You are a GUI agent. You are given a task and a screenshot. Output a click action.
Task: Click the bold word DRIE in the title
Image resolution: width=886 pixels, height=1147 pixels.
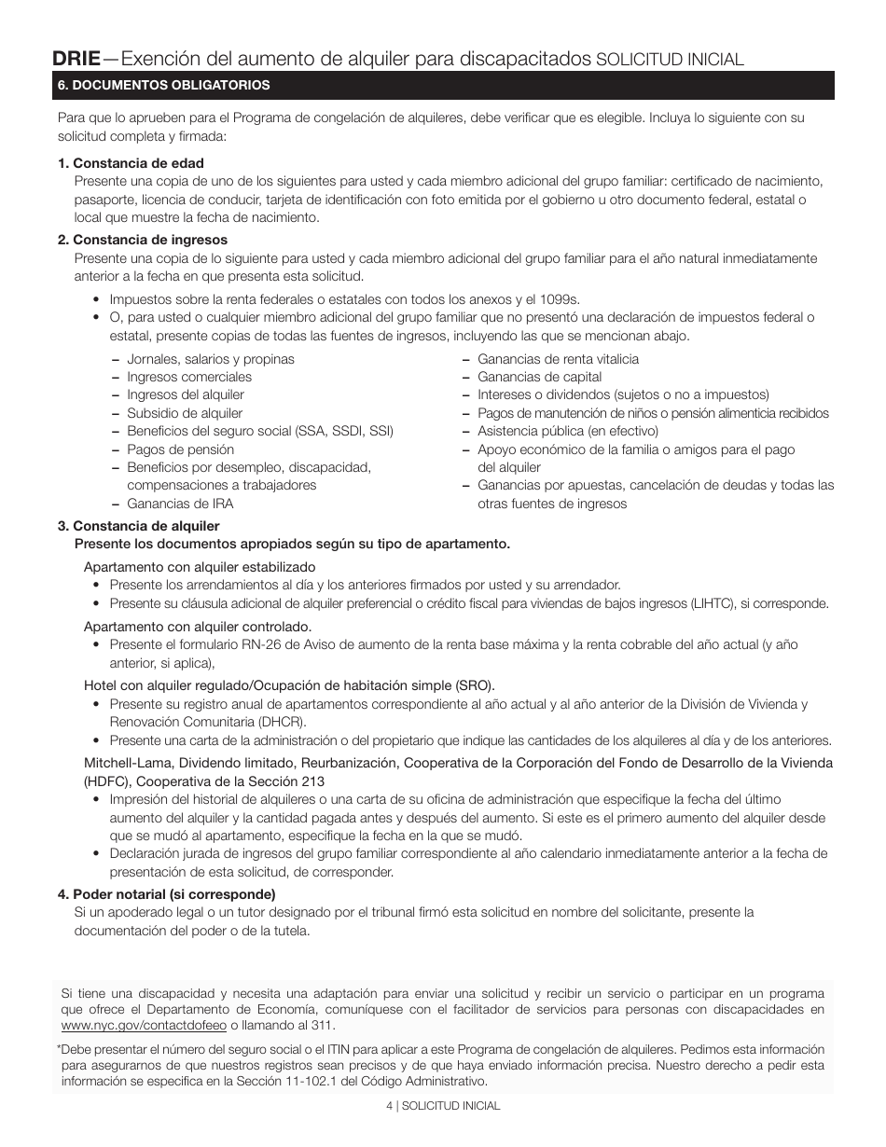click(76, 58)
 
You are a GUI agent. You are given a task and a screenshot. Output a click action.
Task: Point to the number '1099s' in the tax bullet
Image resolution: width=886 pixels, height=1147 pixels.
click(560, 299)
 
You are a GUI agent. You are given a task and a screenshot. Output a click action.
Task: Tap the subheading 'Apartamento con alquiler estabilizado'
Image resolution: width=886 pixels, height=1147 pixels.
click(200, 567)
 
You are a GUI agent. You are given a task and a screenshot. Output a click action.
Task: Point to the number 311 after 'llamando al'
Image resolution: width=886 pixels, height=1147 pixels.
click(322, 1025)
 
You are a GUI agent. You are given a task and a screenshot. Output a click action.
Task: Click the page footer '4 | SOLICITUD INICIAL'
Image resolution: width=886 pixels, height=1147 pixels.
click(443, 1106)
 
